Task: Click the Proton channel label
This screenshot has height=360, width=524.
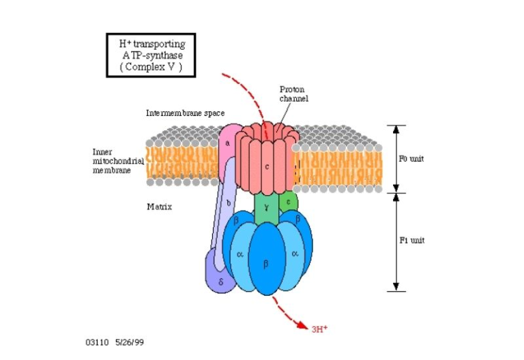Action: (x=294, y=93)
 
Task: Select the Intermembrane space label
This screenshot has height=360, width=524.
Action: (x=185, y=112)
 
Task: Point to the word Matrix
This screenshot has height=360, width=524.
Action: (x=158, y=205)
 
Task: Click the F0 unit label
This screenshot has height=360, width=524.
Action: (x=411, y=158)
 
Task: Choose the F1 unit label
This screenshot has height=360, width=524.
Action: (x=411, y=240)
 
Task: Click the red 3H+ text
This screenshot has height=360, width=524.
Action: (x=319, y=329)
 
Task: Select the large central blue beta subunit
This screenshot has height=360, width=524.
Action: (x=266, y=262)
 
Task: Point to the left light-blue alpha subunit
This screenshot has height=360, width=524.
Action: (x=239, y=254)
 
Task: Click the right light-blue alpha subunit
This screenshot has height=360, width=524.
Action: (x=295, y=254)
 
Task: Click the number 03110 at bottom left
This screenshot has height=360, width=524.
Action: (x=97, y=340)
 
